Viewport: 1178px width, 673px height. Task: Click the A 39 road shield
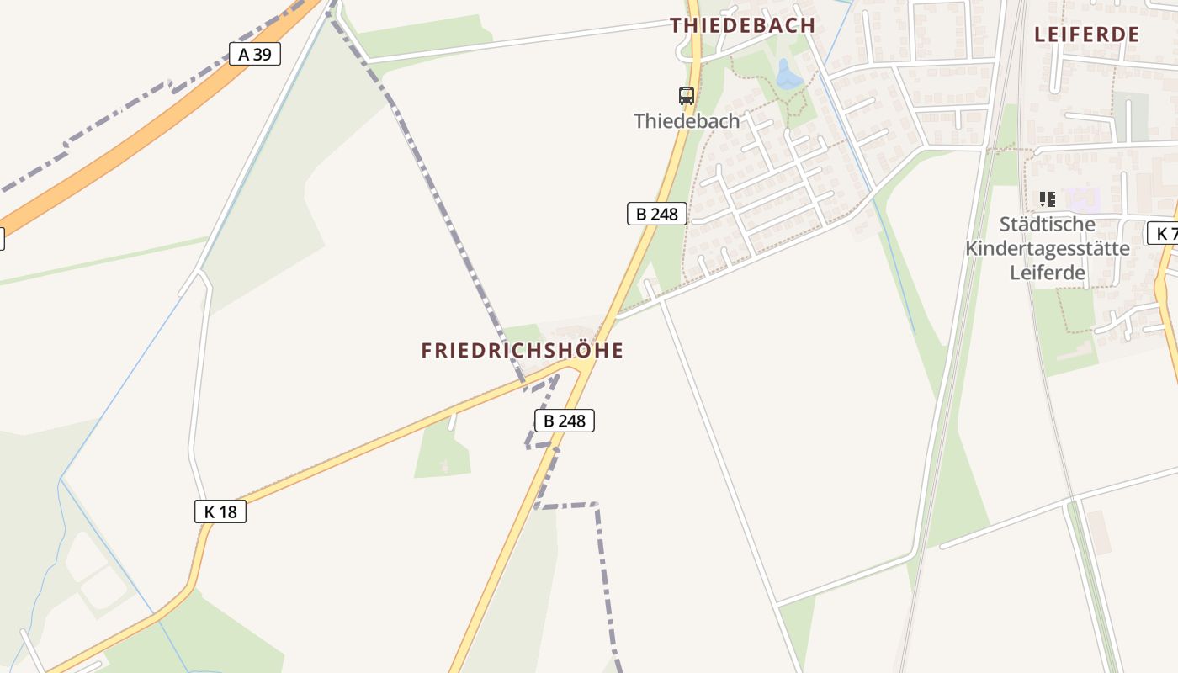point(254,55)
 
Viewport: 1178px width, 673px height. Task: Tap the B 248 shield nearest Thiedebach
point(656,214)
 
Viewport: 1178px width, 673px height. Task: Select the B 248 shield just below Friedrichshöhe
point(564,421)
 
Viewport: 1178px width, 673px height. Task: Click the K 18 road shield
point(220,511)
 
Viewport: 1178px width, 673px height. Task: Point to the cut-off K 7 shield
point(1164,233)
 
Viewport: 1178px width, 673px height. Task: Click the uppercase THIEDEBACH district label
point(743,25)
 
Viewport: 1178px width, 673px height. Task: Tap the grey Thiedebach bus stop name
point(687,121)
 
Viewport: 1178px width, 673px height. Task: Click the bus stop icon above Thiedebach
point(687,96)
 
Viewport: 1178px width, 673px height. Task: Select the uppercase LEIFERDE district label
point(1086,34)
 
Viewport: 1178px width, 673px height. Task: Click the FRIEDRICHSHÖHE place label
point(523,351)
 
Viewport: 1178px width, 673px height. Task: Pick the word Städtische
point(1047,225)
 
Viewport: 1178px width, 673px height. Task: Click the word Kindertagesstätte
point(1047,248)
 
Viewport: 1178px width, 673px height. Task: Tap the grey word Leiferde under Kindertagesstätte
point(1047,273)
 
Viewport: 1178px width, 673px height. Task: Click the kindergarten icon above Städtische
point(1047,199)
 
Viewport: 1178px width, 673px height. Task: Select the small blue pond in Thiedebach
point(788,76)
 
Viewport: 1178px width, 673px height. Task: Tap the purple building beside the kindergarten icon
point(1084,200)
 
